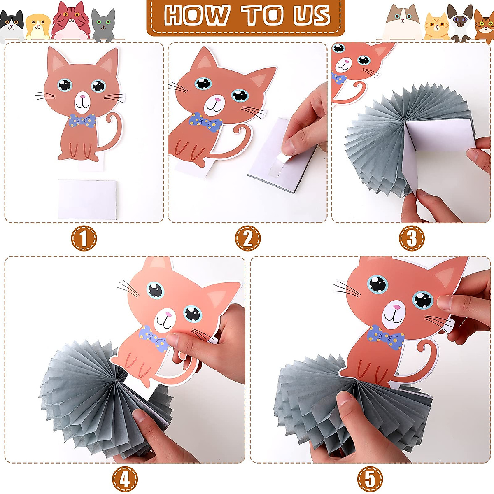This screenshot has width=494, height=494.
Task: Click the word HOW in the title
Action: pos(196,16)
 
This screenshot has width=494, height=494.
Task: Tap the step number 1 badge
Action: pos(84,238)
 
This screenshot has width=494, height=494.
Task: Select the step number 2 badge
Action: pos(248,238)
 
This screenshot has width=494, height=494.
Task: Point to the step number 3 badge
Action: pos(411,238)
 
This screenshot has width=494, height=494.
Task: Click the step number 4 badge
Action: pos(125,479)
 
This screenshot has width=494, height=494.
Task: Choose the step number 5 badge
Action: pos(370,479)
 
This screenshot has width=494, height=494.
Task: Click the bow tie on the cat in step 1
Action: pos(82,121)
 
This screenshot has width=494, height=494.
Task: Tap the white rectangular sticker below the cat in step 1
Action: pos(88,198)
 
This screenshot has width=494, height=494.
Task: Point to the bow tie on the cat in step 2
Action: pos(205,122)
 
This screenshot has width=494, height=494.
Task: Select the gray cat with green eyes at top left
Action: pos(103,25)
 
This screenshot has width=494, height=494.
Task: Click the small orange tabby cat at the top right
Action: pos(436,27)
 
